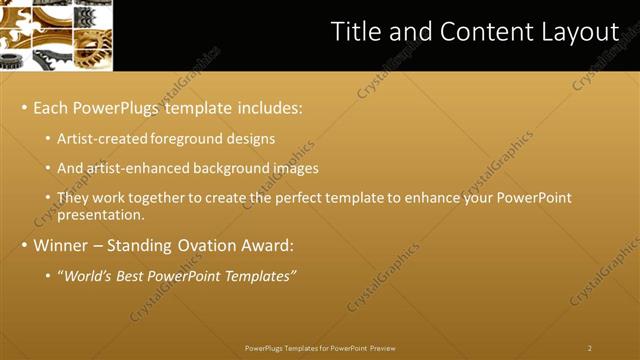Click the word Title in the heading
point(355,32)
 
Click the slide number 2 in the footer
point(590,348)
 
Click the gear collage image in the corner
point(56,35)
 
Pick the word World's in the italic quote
point(87,276)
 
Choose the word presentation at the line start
point(101,215)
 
